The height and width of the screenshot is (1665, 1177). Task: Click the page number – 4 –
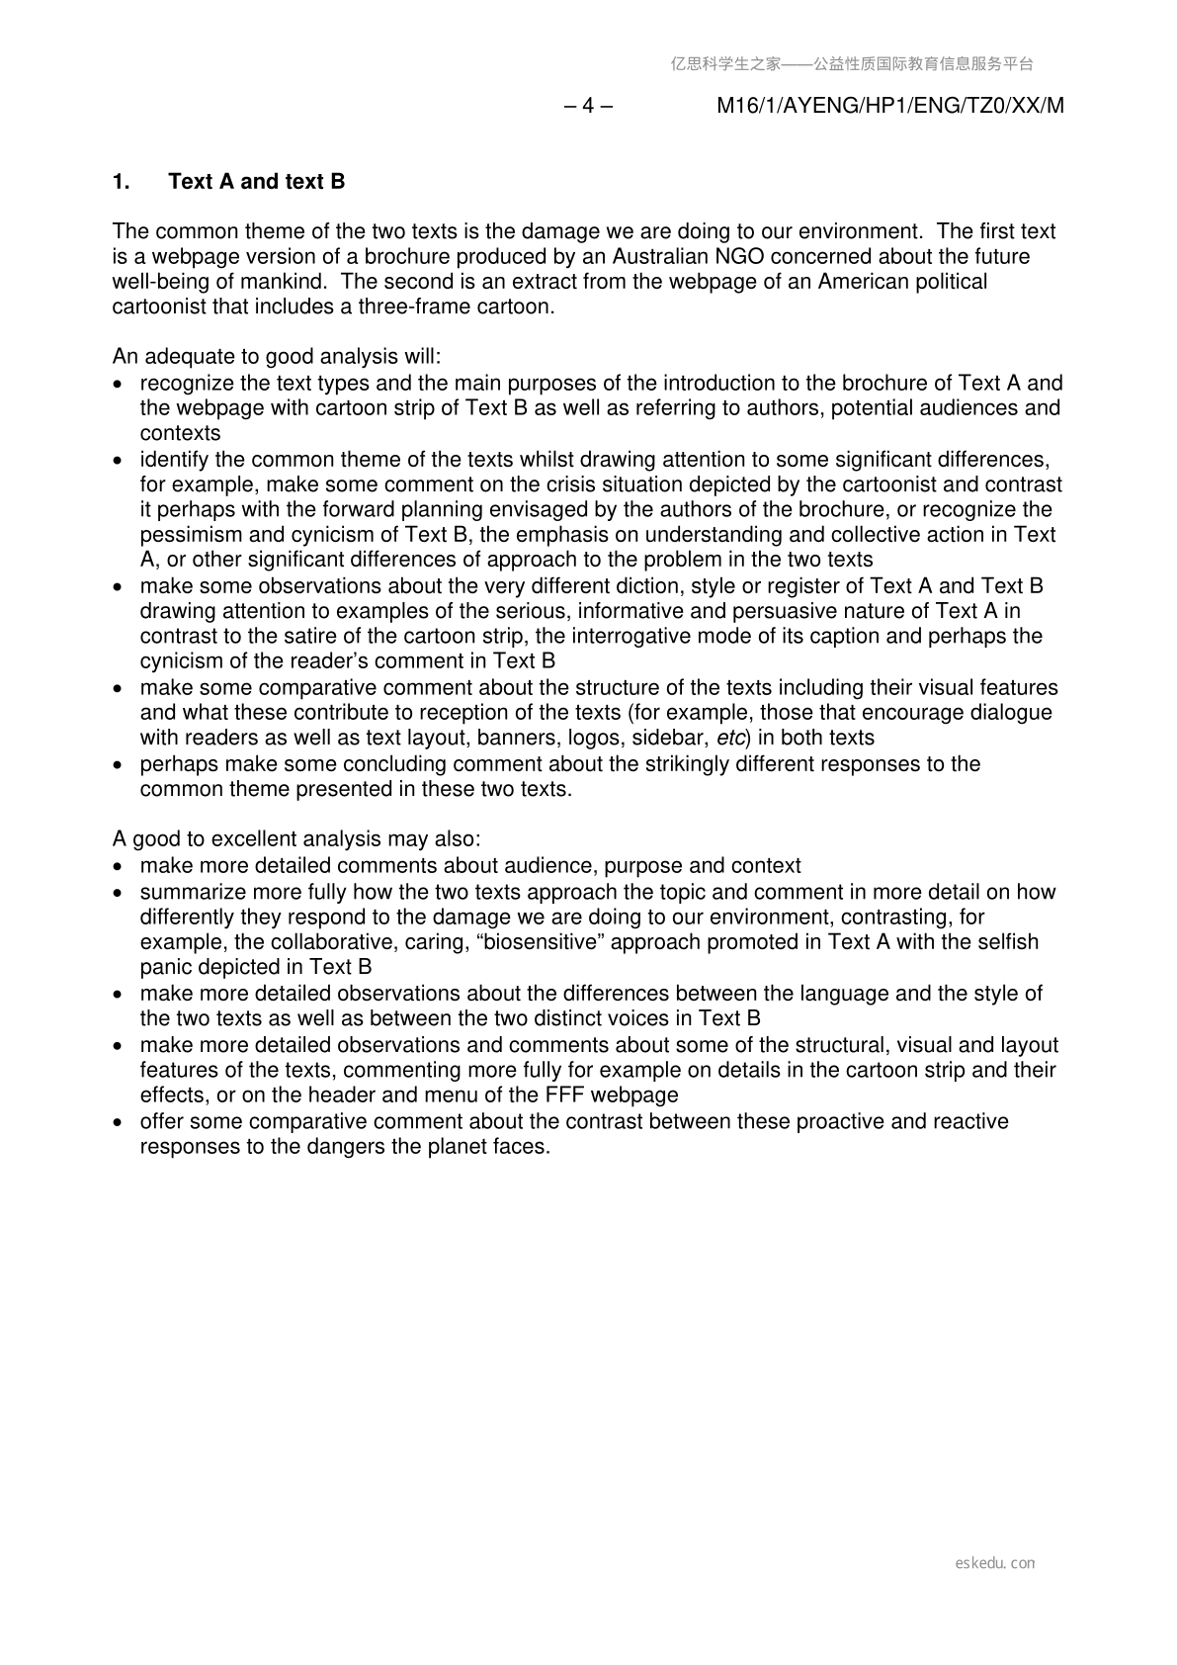588,106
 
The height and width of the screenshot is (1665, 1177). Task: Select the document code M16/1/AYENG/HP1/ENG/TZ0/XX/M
889,106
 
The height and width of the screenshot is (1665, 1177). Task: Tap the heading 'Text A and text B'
257,182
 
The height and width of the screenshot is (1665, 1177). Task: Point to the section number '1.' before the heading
121,182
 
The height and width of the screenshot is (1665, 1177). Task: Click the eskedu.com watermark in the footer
995,1563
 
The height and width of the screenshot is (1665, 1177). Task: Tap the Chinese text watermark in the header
852,64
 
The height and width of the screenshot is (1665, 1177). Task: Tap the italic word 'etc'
729,738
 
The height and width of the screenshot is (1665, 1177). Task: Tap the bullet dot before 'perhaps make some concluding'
120,765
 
